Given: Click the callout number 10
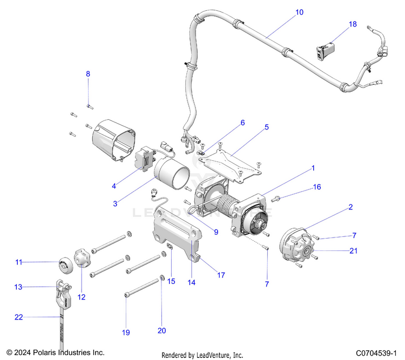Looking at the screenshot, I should [300, 11].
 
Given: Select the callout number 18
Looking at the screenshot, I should [353, 24].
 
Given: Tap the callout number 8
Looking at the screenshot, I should [89, 73].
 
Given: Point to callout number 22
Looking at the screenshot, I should [19, 317].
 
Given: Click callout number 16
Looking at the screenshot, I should [317, 187].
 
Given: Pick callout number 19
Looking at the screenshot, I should [126, 333].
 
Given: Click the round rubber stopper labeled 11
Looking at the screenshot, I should [65, 263].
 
